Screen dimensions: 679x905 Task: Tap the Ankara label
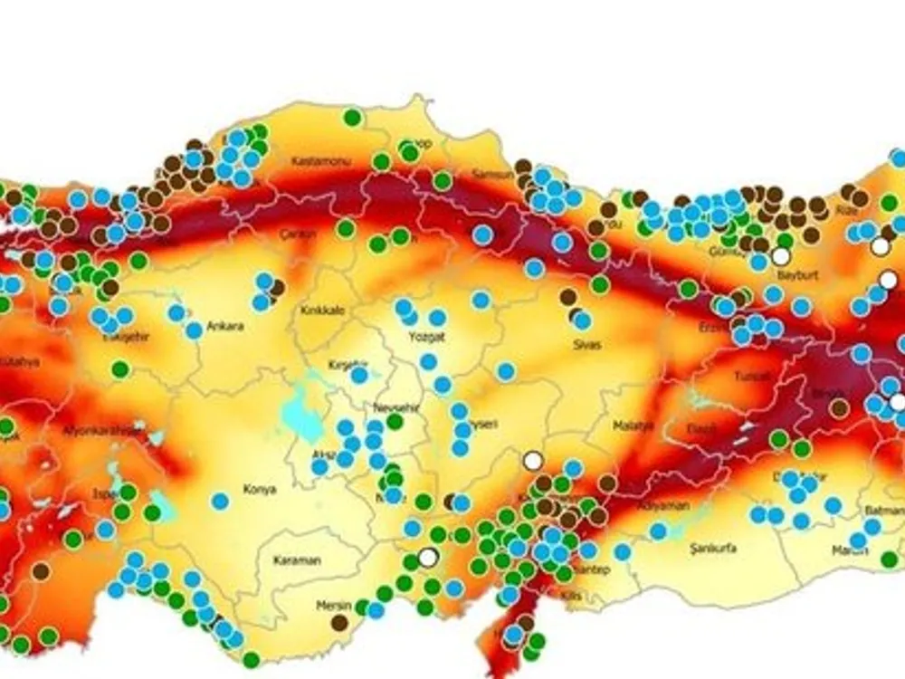(x=225, y=326)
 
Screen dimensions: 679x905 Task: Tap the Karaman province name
(x=296, y=560)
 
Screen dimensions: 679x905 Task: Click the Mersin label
(x=332, y=605)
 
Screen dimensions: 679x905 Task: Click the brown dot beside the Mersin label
(x=339, y=622)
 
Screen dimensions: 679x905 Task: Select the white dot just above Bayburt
(x=781, y=256)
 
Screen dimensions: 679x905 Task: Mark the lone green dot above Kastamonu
(x=352, y=117)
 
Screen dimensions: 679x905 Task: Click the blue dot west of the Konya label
(x=220, y=501)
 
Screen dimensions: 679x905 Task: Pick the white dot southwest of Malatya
(x=533, y=461)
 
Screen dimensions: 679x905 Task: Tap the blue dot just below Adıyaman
(x=658, y=531)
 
